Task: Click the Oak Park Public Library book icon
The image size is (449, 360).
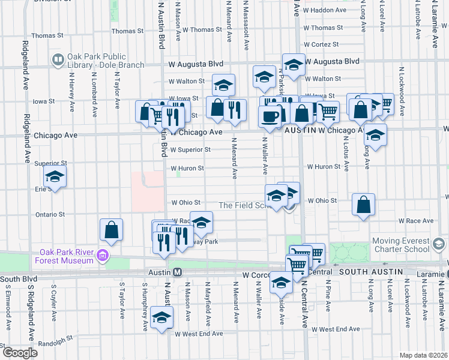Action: (58, 59)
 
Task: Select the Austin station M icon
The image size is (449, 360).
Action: (178, 272)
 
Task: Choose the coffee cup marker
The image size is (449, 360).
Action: (270, 115)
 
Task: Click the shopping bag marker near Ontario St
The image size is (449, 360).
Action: (112, 229)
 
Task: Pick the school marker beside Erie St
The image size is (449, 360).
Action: (55, 177)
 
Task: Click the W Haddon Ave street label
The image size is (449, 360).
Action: (327, 10)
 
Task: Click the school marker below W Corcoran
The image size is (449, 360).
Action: (281, 283)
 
